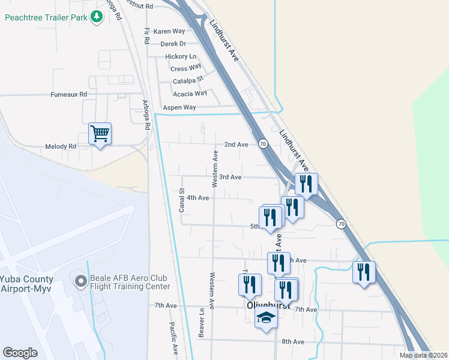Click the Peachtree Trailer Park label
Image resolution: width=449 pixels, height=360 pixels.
[x=46, y=17]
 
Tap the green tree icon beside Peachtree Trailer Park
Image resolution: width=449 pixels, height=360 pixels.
[x=97, y=17]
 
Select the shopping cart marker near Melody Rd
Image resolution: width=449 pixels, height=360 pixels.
[x=100, y=134]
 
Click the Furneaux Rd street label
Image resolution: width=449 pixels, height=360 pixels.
[x=69, y=95]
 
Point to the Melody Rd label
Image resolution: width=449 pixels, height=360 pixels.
[x=61, y=146]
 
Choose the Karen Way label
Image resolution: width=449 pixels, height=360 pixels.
[x=169, y=31]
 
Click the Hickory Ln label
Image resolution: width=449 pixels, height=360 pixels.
[x=181, y=56]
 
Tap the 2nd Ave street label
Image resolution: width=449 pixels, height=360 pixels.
[x=236, y=145]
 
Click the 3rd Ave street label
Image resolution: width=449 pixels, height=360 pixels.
[x=230, y=177]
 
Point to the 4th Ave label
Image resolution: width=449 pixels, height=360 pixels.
[x=197, y=197]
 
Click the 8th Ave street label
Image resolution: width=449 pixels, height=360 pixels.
[x=294, y=341]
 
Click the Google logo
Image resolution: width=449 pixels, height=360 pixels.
[x=20, y=353]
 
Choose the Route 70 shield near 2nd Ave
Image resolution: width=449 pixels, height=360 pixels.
[x=263, y=144]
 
